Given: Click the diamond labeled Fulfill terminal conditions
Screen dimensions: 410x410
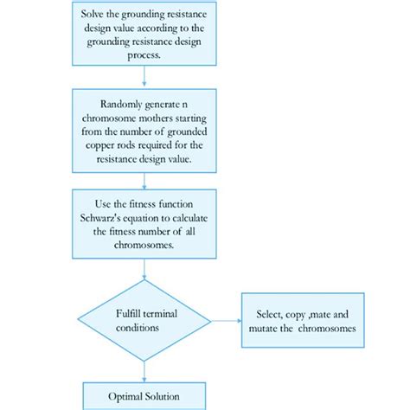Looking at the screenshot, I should [x=144, y=321].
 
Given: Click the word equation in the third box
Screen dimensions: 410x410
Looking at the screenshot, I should [x=163, y=219].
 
